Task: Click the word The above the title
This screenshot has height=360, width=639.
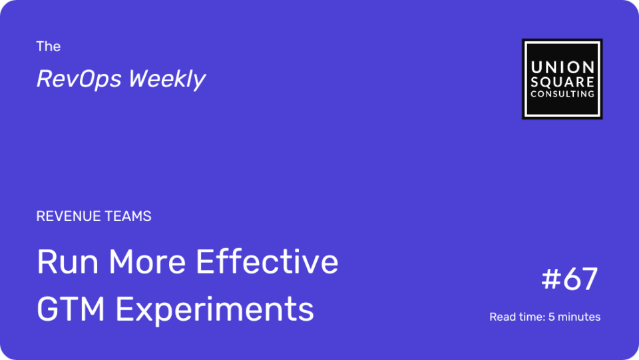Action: (48, 47)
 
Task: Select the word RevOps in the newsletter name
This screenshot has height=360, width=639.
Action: (79, 79)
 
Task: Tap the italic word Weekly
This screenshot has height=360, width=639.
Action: (167, 79)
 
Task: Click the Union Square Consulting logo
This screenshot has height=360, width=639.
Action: (562, 79)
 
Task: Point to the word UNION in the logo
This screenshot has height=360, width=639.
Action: (562, 67)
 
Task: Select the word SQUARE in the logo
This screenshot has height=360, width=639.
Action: (562, 82)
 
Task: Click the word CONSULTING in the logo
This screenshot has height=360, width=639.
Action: (562, 94)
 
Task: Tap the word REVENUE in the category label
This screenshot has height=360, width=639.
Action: (68, 216)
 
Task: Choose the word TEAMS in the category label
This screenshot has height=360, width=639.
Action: (128, 216)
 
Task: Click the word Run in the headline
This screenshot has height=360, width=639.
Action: (68, 262)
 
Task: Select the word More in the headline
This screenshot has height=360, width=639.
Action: (147, 262)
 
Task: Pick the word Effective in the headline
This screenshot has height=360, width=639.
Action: (268, 262)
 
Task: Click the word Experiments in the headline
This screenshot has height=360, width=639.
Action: (215, 310)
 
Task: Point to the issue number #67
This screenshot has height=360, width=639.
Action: (570, 279)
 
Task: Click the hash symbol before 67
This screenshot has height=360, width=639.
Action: (552, 279)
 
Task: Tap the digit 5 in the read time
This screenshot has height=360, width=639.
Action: (551, 317)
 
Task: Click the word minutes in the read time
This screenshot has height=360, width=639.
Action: (579, 317)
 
